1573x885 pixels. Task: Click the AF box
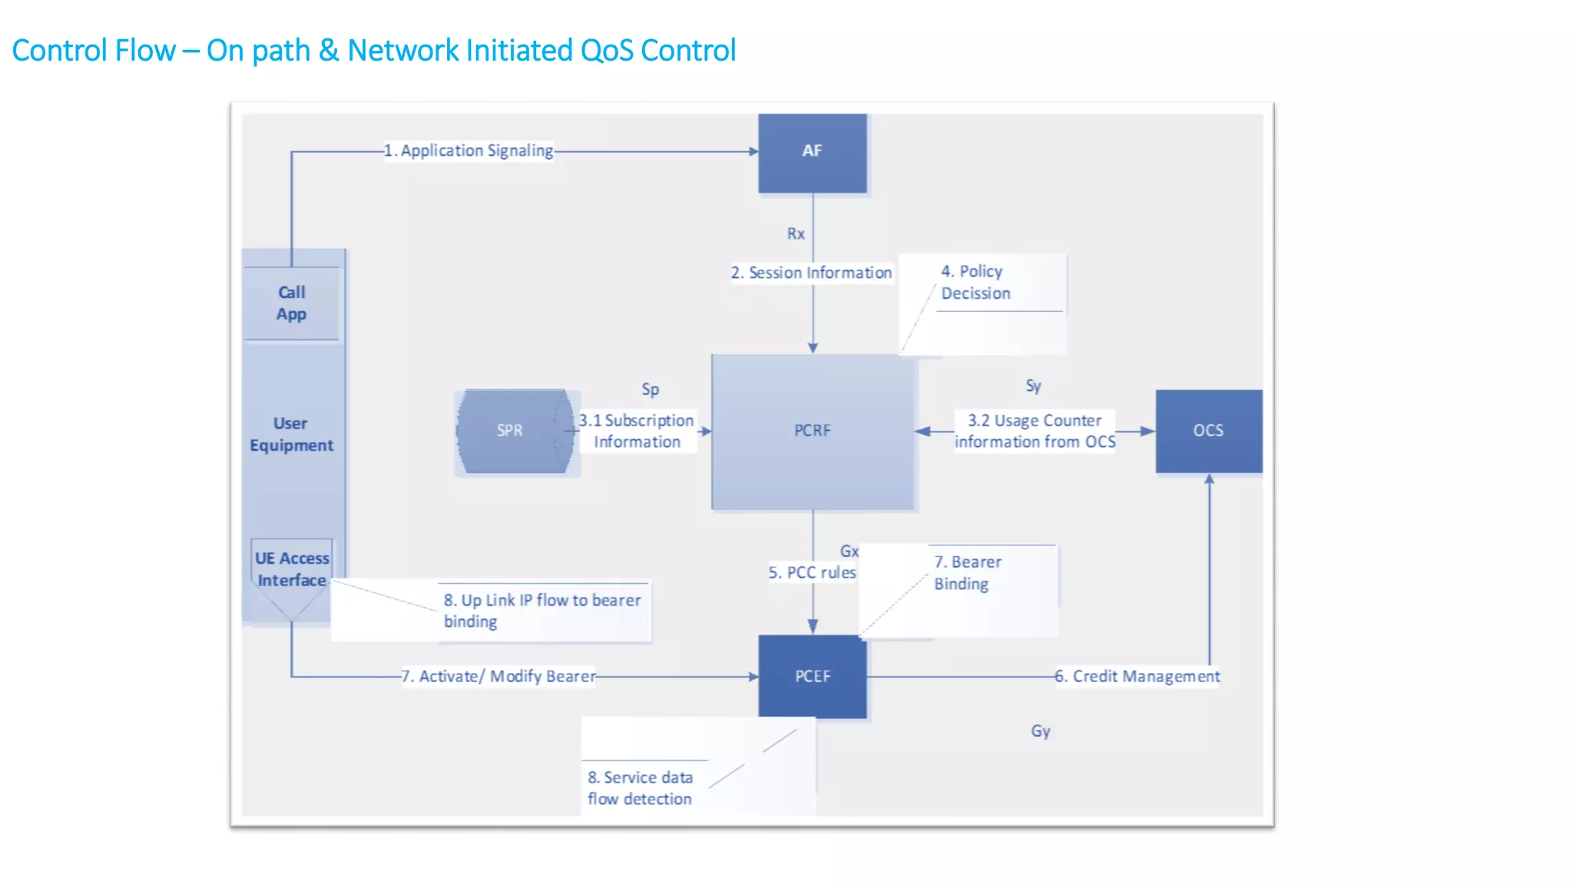point(812,152)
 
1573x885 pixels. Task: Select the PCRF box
point(813,431)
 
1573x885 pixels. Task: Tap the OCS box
point(1208,431)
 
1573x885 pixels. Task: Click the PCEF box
point(812,676)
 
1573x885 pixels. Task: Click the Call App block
point(291,303)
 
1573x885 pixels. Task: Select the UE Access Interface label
point(292,569)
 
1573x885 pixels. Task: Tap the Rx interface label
point(796,234)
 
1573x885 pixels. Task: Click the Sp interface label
point(650,389)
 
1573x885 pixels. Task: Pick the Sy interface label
point(1033,386)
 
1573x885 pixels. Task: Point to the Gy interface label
point(1040,731)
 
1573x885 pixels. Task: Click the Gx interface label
point(849,551)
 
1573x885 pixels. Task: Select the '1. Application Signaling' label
point(469,151)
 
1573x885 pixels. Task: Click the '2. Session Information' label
point(811,273)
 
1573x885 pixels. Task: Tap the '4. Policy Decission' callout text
point(975,282)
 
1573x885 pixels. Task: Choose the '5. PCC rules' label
point(812,572)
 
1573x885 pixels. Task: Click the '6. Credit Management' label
point(1137,676)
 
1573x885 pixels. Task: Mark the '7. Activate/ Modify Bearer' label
point(498,676)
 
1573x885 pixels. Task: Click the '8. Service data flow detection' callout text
point(640,788)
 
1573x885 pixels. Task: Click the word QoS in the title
point(607,51)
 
